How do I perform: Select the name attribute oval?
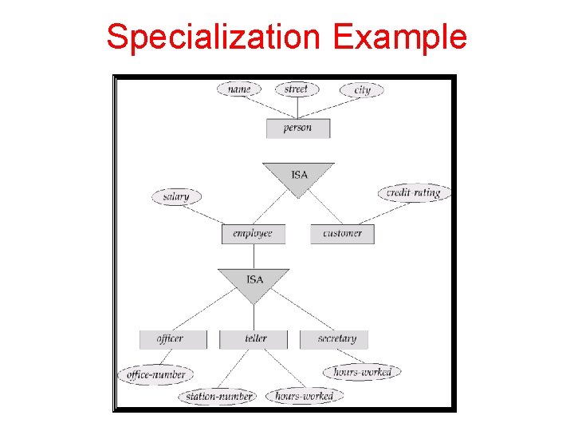coord(238,89)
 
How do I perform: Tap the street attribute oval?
coord(296,89)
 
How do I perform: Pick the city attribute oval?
coord(362,89)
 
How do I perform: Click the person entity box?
coord(297,128)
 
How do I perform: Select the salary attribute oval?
coord(176,196)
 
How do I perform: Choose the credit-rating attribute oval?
coord(414,192)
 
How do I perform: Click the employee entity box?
coord(253,234)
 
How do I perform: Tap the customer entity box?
coord(342,234)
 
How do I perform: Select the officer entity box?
coord(171,338)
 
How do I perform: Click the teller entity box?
coord(255,338)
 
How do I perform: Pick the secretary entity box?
coord(334,338)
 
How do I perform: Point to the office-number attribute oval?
coord(156,374)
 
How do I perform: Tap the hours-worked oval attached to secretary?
coord(362,372)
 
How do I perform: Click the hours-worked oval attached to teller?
coord(304,396)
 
